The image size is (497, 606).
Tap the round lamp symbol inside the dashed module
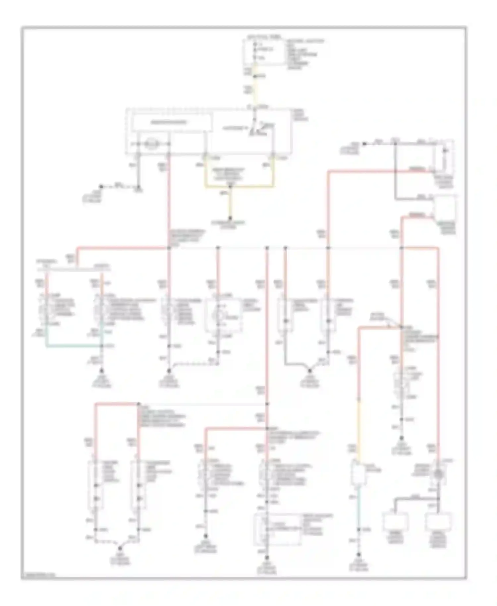[x=151, y=144]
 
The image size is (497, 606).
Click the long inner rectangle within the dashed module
[x=172, y=122]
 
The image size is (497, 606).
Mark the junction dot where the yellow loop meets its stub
[x=231, y=187]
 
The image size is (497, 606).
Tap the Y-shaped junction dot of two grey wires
[x=309, y=371]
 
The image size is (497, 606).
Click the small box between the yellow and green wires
[x=359, y=470]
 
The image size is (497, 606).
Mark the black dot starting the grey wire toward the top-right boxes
[x=364, y=144]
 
